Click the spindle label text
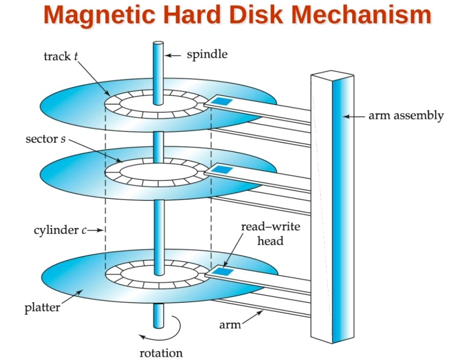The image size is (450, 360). (207, 54)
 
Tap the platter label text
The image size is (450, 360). (42, 307)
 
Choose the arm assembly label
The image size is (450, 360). (405, 115)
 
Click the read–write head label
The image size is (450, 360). (270, 233)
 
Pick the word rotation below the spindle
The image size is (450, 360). (161, 353)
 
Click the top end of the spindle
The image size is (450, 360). (158, 43)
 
